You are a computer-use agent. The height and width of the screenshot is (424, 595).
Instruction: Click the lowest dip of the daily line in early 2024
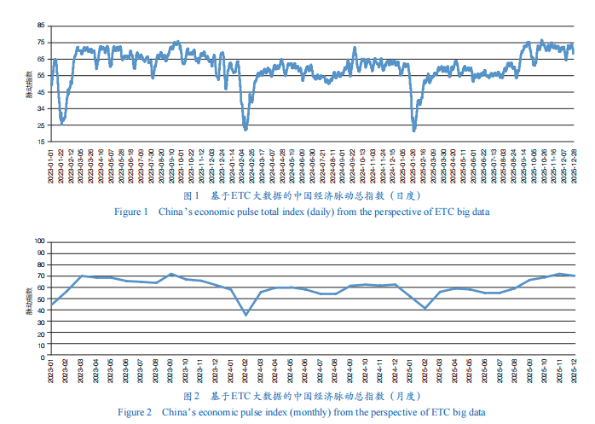click(x=246, y=129)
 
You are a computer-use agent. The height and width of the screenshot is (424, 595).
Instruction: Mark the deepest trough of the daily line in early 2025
click(x=414, y=130)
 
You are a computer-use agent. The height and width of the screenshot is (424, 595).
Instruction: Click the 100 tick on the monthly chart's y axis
click(x=39, y=241)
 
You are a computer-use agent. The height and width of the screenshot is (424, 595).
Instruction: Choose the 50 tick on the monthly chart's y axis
click(x=41, y=299)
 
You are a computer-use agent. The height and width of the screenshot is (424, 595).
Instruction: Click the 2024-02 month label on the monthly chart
click(x=246, y=373)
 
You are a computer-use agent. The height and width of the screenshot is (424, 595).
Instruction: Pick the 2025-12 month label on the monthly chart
click(x=573, y=373)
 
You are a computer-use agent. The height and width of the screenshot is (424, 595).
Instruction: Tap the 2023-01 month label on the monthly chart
click(x=51, y=373)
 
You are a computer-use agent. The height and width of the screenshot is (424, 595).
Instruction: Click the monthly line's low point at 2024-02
click(x=246, y=315)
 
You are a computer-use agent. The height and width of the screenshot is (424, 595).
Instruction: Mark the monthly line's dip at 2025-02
click(x=425, y=308)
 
